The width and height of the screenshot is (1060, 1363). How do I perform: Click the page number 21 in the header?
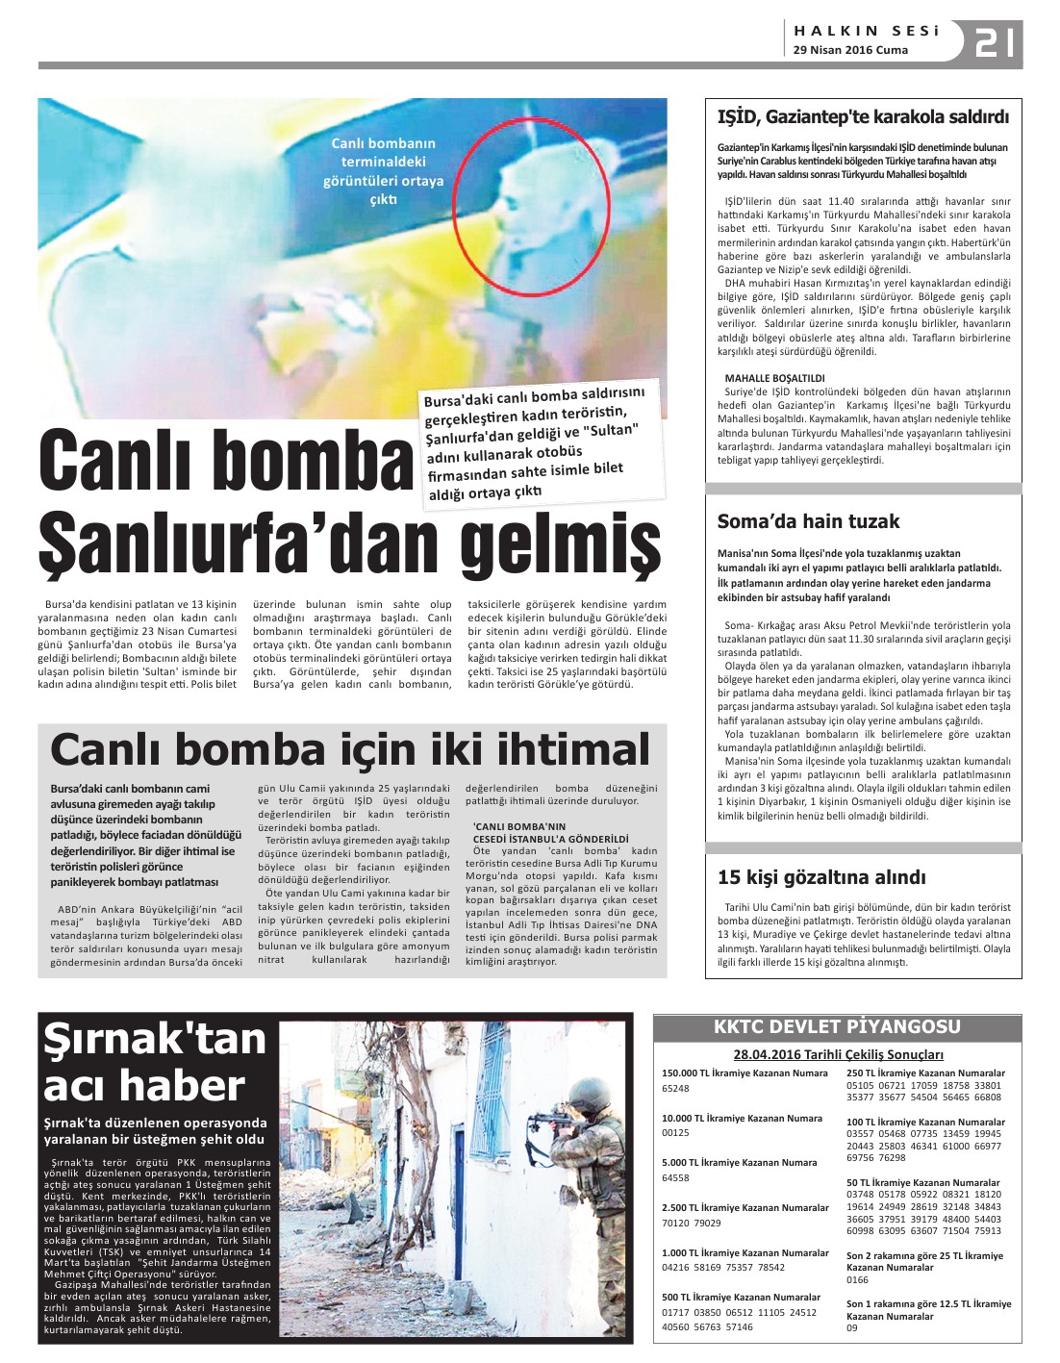coord(997,43)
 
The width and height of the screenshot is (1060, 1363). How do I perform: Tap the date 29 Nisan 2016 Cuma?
coord(850,50)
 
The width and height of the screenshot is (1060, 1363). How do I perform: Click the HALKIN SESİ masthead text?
coord(866,31)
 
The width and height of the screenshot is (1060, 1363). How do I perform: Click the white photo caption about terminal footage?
coord(384,171)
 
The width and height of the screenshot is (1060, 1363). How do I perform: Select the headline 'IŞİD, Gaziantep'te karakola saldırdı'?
coord(863,117)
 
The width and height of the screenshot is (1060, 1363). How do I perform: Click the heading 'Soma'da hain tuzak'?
coord(808,521)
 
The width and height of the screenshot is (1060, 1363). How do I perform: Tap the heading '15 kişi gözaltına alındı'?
coord(821,876)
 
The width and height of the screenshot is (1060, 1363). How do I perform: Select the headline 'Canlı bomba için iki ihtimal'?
coord(350,749)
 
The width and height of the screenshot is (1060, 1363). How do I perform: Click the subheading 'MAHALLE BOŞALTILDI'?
coord(774,378)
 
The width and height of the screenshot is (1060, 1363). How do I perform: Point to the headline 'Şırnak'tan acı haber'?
coord(155,1062)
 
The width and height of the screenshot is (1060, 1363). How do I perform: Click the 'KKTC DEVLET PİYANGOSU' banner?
coord(837,1026)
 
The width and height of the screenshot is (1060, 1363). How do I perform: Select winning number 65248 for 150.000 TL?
coord(675,1089)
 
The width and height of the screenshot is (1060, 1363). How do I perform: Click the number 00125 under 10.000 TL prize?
coord(675,1133)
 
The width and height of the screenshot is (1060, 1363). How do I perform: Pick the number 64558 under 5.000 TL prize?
coord(675,1177)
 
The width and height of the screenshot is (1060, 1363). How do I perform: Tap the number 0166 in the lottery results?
coord(857,1280)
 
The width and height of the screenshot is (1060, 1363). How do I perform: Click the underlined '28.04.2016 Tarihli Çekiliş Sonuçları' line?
coord(838,1054)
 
